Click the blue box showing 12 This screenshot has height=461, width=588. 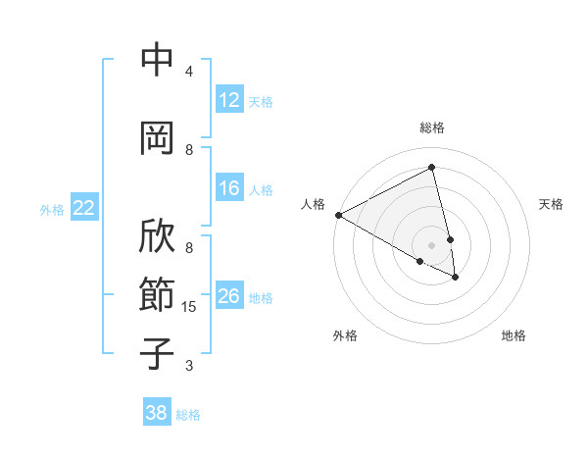[x=229, y=100]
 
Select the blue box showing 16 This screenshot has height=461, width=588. [x=229, y=188]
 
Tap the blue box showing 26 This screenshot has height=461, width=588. [x=229, y=296]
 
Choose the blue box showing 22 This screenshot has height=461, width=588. [x=84, y=208]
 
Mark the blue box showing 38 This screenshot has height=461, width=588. [x=157, y=413]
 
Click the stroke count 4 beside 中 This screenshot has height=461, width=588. [x=189, y=72]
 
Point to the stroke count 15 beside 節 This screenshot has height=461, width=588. [x=190, y=307]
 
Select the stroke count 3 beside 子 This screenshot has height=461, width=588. [x=189, y=366]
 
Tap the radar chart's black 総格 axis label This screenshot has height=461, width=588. [x=432, y=128]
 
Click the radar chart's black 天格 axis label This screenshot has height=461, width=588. [x=551, y=204]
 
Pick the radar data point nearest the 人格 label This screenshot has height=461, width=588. [x=338, y=214]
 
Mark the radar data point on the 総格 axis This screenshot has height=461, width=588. [x=432, y=168]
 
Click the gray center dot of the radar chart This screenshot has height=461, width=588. [x=432, y=244]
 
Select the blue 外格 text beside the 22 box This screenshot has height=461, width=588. [x=52, y=209]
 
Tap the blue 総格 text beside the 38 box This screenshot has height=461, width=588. [x=188, y=415]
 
